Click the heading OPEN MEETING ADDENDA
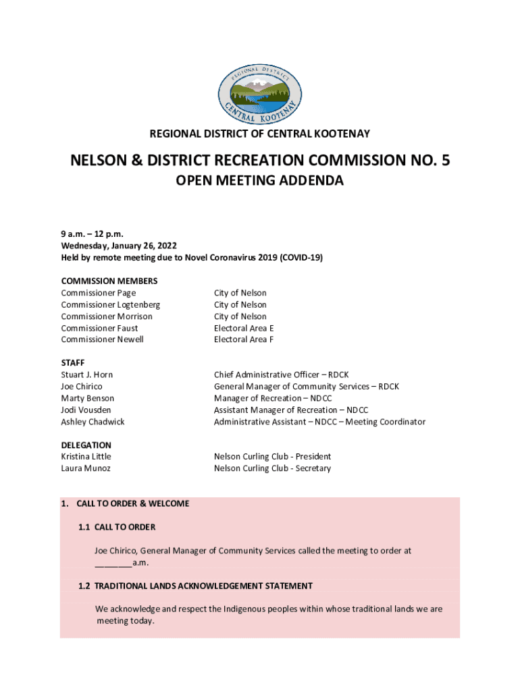pyautogui.click(x=260, y=181)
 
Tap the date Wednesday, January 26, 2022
pyautogui.click(x=120, y=246)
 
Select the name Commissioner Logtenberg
pyautogui.click(x=110, y=304)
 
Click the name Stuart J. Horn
pyautogui.click(x=87, y=375)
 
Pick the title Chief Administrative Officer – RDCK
pyautogui.click(x=282, y=375)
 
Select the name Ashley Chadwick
pyautogui.click(x=93, y=422)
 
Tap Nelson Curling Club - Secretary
pyautogui.click(x=272, y=468)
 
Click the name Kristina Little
pyautogui.click(x=86, y=457)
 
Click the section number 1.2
pyautogui.click(x=84, y=586)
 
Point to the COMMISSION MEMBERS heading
pyautogui.click(x=109, y=281)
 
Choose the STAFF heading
pyautogui.click(x=73, y=363)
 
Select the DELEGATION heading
pyautogui.click(x=86, y=445)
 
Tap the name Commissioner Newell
pyautogui.click(x=102, y=339)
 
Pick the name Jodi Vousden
pyautogui.click(x=86, y=410)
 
